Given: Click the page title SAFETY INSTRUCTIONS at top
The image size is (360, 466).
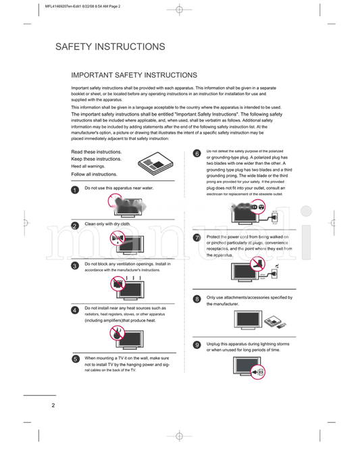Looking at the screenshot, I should [x=110, y=47].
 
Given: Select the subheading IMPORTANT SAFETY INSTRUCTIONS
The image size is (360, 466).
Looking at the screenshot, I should [x=134, y=75].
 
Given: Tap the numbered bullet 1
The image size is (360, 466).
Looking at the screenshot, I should [x=75, y=190].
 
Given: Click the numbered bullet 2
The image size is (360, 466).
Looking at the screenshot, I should [x=75, y=226].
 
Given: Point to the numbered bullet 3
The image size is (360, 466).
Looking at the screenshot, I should [x=75, y=266].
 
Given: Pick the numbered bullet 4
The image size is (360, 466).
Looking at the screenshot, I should [x=75, y=310].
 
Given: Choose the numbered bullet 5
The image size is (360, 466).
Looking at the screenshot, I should [x=75, y=359].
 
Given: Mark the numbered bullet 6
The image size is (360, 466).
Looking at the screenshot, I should [x=197, y=153].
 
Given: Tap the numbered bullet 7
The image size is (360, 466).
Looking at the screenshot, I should [x=197, y=238].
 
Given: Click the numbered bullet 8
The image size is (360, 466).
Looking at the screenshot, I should [x=197, y=299].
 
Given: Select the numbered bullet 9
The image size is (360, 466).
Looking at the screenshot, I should [x=197, y=345].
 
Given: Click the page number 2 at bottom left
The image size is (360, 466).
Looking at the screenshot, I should [x=53, y=405].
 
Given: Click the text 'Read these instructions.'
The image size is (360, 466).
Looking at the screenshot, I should [x=97, y=152].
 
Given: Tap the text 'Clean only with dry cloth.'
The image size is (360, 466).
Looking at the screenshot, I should [x=107, y=224].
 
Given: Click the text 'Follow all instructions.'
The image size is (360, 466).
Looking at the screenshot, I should [x=95, y=174].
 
